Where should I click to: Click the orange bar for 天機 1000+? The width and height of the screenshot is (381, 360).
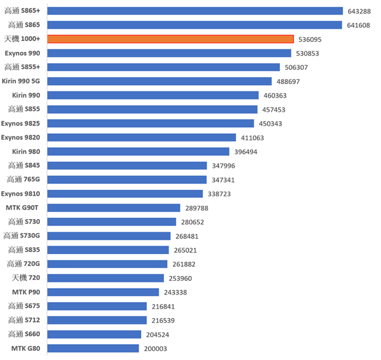coord(170,39)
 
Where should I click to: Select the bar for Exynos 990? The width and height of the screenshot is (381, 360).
coord(169,53)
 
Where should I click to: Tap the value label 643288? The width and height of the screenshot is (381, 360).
coord(359,11)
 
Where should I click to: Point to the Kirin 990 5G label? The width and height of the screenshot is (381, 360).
coord(25,81)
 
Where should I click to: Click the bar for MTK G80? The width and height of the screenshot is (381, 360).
coord(93,348)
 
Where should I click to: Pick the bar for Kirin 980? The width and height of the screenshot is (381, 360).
coord(138,152)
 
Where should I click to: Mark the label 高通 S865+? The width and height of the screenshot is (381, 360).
coord(25,11)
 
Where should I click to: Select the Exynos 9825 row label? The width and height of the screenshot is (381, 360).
coord(24,123)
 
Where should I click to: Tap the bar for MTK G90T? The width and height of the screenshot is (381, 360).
coord(114,208)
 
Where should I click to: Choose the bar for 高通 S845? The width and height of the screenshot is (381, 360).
coord(127,166)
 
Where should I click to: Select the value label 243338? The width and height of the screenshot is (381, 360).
coord(175,292)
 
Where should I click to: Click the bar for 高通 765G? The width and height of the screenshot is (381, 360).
coord(127,179)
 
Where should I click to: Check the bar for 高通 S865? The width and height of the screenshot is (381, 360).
coord(194,25)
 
